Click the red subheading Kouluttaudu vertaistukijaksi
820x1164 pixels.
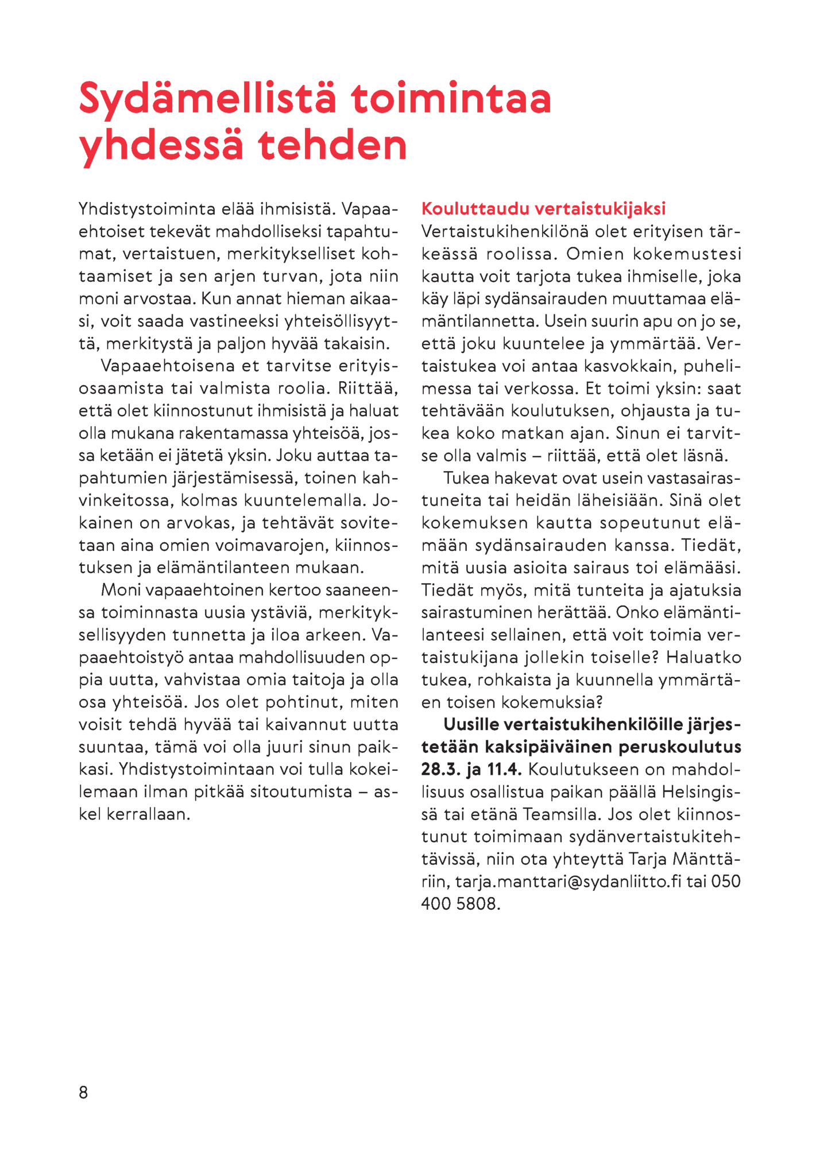(x=543, y=208)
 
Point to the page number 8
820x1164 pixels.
(x=83, y=1092)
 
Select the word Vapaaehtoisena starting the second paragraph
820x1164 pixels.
(x=168, y=366)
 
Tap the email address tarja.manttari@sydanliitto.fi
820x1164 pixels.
(x=568, y=882)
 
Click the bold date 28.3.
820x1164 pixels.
(x=440, y=770)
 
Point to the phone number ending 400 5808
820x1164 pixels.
(x=461, y=904)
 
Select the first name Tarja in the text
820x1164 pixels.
(x=648, y=859)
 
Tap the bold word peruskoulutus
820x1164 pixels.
(x=680, y=747)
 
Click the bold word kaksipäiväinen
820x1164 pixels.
(x=549, y=747)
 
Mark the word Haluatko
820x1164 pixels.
(x=703, y=657)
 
